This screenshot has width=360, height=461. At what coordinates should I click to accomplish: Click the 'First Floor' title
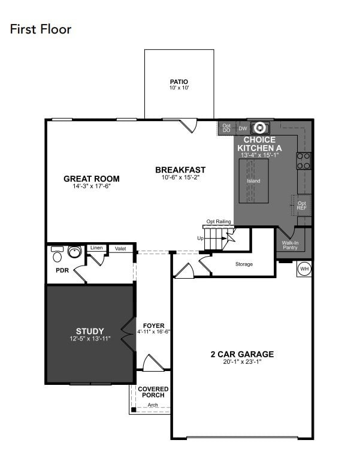pyautogui.click(x=41, y=29)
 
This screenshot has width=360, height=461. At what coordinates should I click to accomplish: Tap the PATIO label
pyautogui.click(x=179, y=82)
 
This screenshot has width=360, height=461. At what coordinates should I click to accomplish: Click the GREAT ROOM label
pyautogui.click(x=92, y=179)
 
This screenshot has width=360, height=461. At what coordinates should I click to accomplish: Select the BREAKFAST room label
pyautogui.click(x=180, y=170)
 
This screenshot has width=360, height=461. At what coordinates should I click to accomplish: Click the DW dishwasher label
pyautogui.click(x=243, y=128)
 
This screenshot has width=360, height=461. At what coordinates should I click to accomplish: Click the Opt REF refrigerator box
pyautogui.click(x=301, y=205)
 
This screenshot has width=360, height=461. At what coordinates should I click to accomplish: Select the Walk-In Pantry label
pyautogui.click(x=290, y=245)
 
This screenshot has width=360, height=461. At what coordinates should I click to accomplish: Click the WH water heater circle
pyautogui.click(x=304, y=269)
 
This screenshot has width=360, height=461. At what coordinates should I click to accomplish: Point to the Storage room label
pyautogui.click(x=244, y=264)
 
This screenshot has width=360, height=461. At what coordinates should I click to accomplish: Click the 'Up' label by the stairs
pyautogui.click(x=201, y=238)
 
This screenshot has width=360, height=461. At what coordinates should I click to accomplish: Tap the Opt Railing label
pyautogui.click(x=219, y=222)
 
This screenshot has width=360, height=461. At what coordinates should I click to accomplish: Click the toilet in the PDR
pyautogui.click(x=58, y=257)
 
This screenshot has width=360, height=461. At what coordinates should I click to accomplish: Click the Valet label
pyautogui.click(x=120, y=248)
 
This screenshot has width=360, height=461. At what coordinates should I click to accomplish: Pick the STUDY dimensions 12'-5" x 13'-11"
pyautogui.click(x=90, y=339)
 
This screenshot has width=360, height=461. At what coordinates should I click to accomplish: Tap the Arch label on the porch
pyautogui.click(x=153, y=405)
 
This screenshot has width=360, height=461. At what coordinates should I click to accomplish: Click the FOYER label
pyautogui.click(x=153, y=326)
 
